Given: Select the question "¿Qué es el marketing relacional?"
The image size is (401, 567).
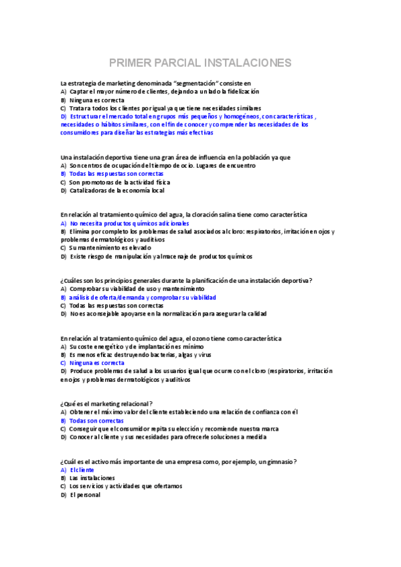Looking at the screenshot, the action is [x=106, y=403].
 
